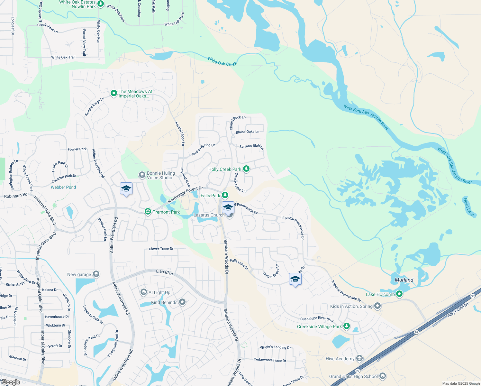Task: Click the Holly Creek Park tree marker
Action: pos(246,169)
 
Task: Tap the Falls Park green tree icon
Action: pos(225,195)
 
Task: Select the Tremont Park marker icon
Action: pos(148,212)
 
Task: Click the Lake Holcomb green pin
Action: pos(399,294)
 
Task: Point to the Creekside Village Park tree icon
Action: pos(346,326)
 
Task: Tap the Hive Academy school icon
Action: pos(359,358)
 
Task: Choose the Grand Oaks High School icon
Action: pos(382,376)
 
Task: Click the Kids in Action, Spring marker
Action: pos(377,306)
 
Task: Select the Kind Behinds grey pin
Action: pos(182,302)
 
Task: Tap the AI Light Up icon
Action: pos(144,292)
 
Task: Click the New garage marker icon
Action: pos(96,274)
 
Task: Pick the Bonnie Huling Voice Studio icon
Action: pos(142,175)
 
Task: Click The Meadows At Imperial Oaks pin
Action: pos(113,93)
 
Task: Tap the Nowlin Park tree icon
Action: pos(101,4)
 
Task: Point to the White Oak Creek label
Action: pos(222,61)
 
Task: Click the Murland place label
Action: pos(404,280)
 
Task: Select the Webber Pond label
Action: pos(63,187)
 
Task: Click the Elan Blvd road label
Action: pos(164,272)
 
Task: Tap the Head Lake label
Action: pos(468,207)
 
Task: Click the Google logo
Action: pos(11,382)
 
